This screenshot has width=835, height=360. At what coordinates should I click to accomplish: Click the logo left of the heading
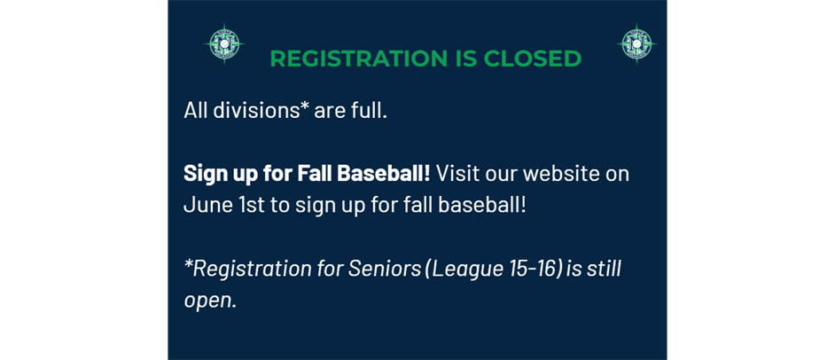tap(224, 44)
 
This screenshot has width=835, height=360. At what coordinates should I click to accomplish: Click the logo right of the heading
tap(636, 44)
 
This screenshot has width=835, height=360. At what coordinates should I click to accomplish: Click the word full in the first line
tap(369, 110)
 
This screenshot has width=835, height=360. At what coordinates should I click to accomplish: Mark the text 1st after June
tap(249, 205)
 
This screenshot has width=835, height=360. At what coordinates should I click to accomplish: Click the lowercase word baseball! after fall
tap(482, 205)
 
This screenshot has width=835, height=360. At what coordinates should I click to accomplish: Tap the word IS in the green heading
tap(464, 59)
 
